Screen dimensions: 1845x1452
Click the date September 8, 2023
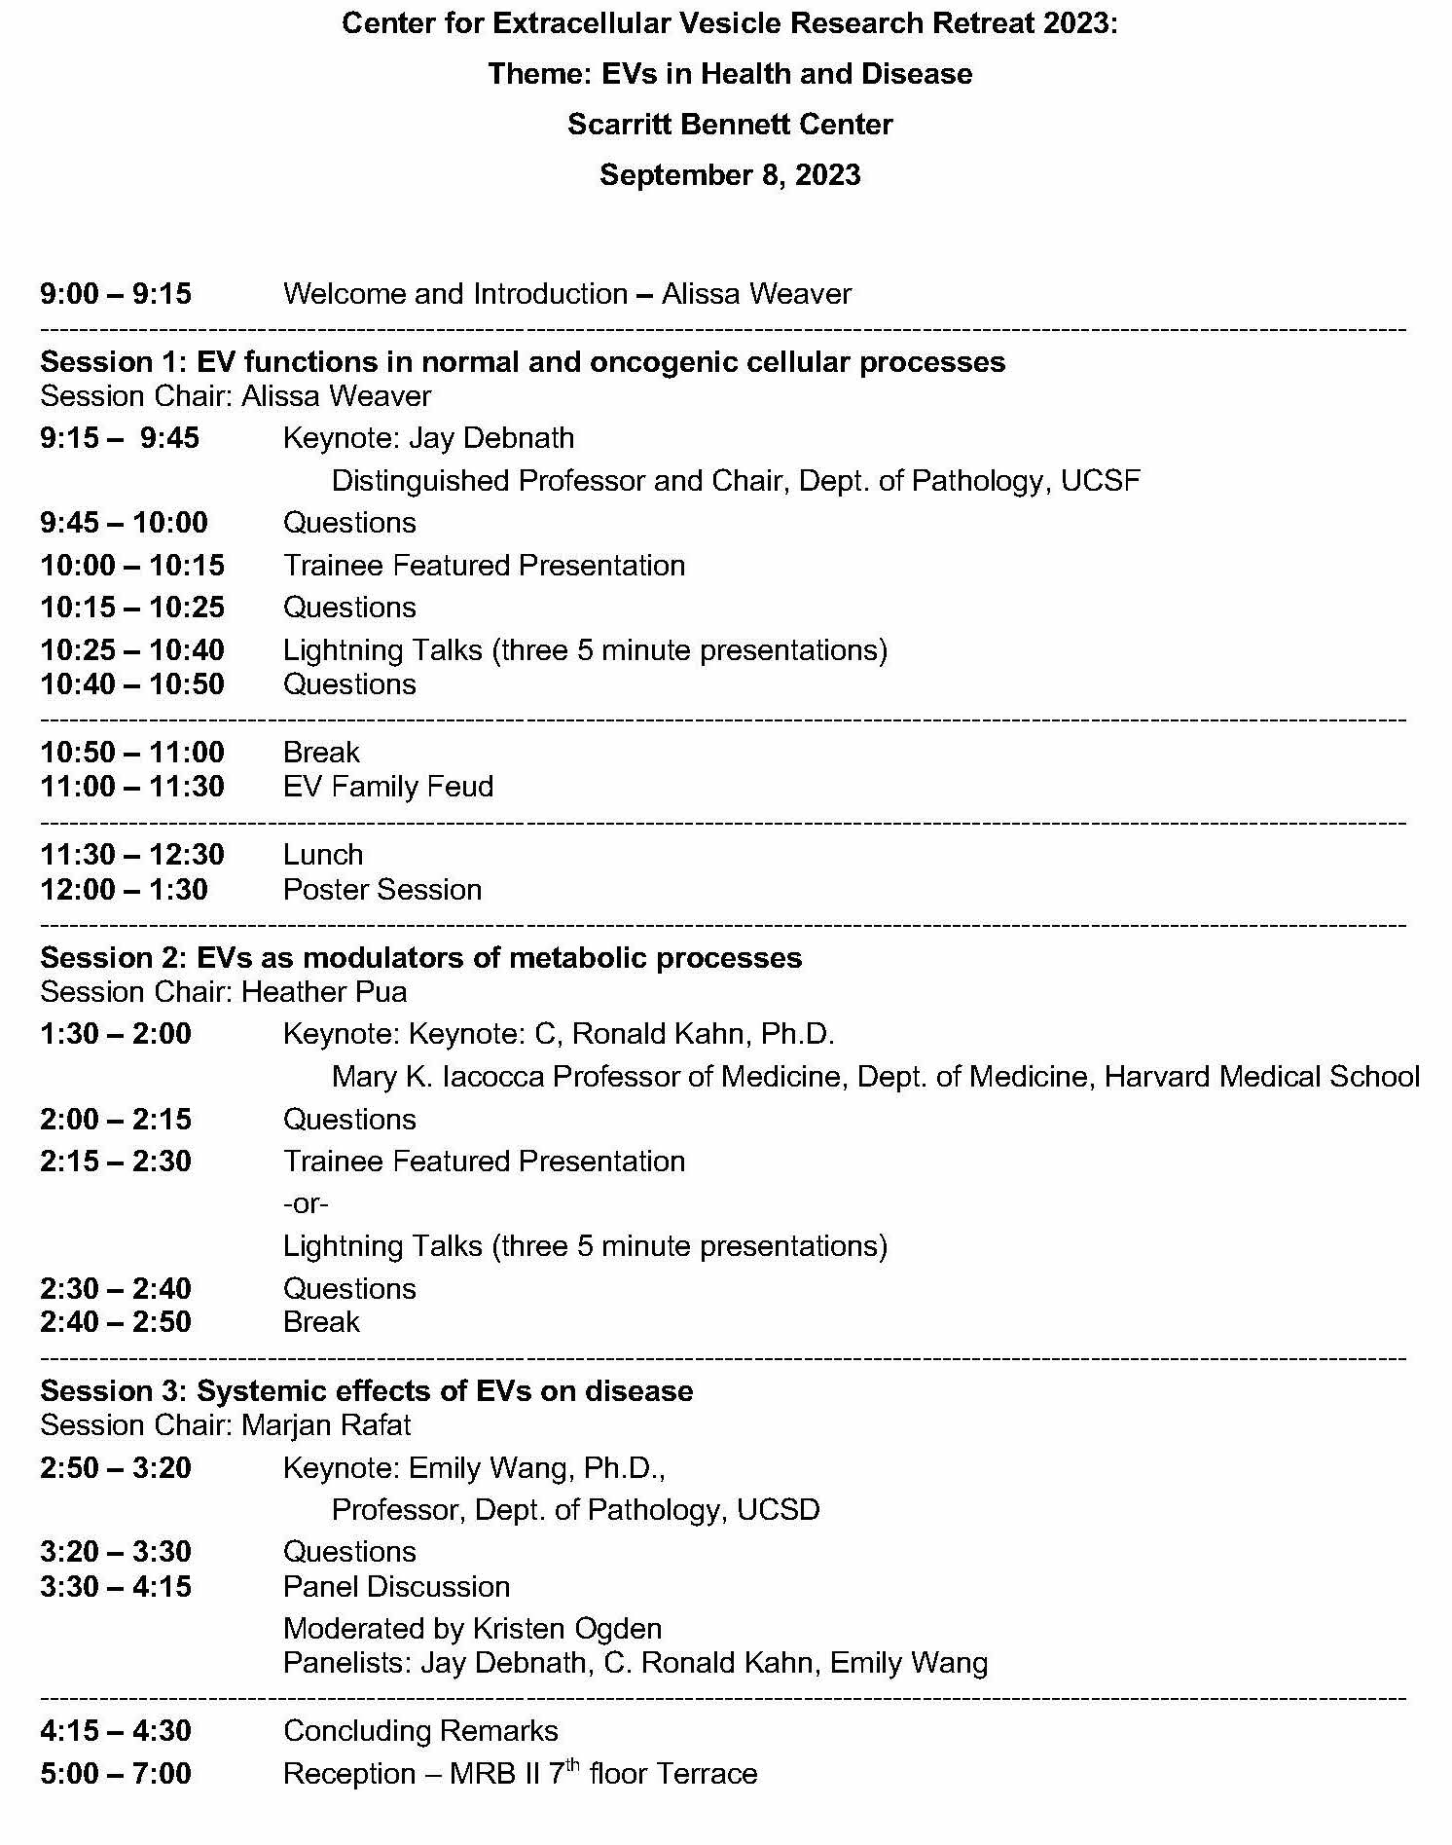tap(730, 175)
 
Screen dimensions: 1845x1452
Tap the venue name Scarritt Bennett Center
tap(730, 125)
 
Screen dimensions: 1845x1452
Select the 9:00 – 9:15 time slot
tap(116, 294)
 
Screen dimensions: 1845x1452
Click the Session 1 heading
tap(523, 362)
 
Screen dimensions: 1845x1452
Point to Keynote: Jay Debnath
tap(428, 438)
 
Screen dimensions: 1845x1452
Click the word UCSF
tap(1101, 481)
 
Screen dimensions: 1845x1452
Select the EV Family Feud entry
tap(388, 787)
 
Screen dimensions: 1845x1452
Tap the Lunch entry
tap(323, 855)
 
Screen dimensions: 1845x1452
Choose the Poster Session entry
tap(382, 890)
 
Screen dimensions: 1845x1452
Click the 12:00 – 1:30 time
tap(124, 890)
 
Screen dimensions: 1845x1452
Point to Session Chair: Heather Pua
tap(224, 992)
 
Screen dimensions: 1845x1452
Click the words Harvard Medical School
tap(1261, 1077)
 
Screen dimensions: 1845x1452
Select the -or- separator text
tap(306, 1204)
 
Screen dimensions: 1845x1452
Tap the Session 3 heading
tap(367, 1391)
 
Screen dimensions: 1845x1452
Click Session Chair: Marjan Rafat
tap(226, 1425)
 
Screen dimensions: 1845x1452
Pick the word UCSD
tap(778, 1510)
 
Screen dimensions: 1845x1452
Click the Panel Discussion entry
tap(396, 1587)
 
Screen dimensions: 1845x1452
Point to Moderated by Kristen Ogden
tap(472, 1629)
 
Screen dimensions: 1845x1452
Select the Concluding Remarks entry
tap(420, 1731)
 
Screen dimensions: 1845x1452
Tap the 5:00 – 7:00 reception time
tap(116, 1774)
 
